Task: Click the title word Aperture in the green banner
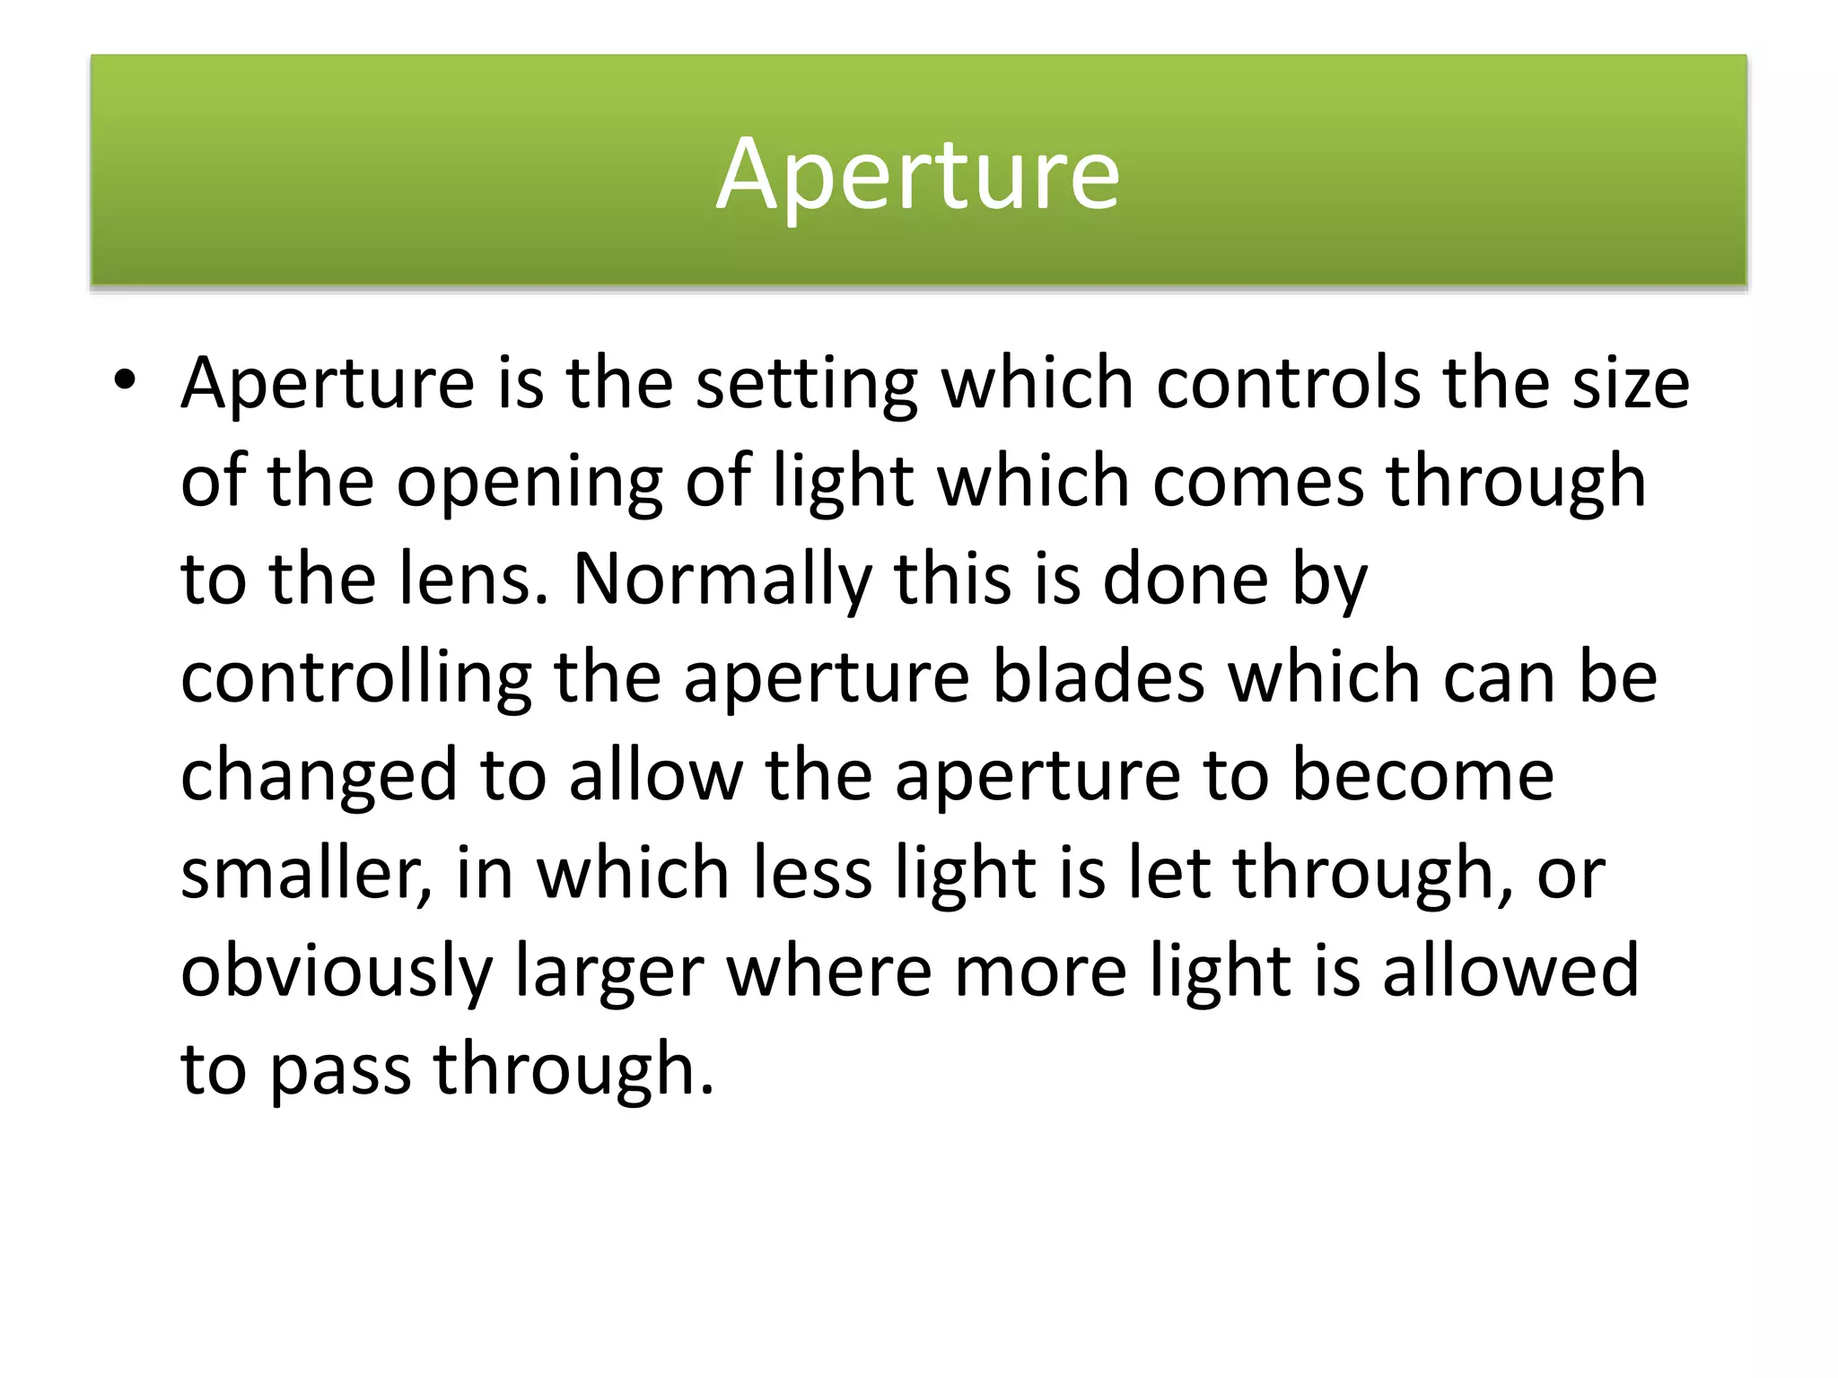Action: click(x=917, y=174)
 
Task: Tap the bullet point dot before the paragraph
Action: click(x=125, y=382)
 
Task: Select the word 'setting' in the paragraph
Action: click(x=807, y=384)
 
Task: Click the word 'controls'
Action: click(x=1289, y=384)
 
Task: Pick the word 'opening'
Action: click(x=529, y=483)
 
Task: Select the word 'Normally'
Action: click(x=722, y=581)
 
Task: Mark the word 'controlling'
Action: click(x=356, y=678)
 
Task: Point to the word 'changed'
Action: click(x=319, y=777)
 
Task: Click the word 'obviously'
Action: click(x=337, y=972)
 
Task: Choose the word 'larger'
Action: click(x=609, y=972)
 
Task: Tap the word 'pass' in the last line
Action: click(x=340, y=1071)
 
